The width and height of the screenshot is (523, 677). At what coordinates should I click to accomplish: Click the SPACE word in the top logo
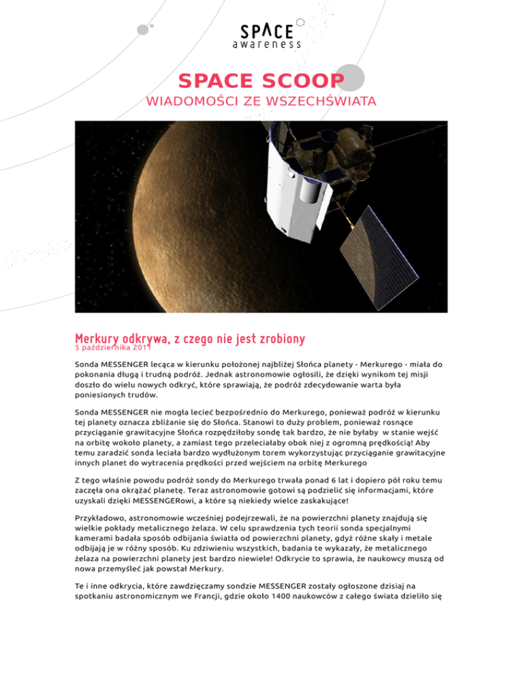pyautogui.click(x=266, y=31)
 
